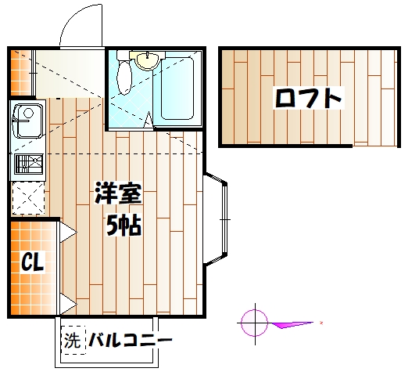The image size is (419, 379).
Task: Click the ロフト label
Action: (x=308, y=99)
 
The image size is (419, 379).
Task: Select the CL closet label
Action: (x=32, y=262)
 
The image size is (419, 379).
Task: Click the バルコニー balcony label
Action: (x=130, y=341)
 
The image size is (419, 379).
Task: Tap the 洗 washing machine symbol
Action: (x=73, y=341)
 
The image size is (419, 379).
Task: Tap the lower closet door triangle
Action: (x=67, y=304)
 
